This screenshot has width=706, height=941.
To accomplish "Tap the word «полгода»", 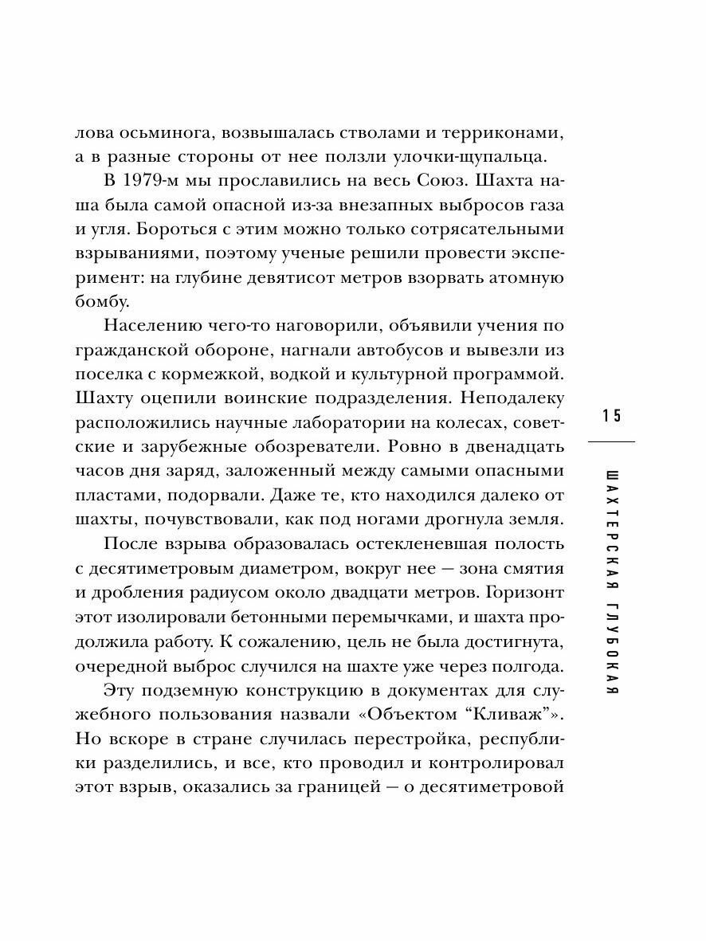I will pyautogui.click(x=524, y=667).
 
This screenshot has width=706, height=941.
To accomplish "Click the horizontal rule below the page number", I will pyautogui.click(x=611, y=441).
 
